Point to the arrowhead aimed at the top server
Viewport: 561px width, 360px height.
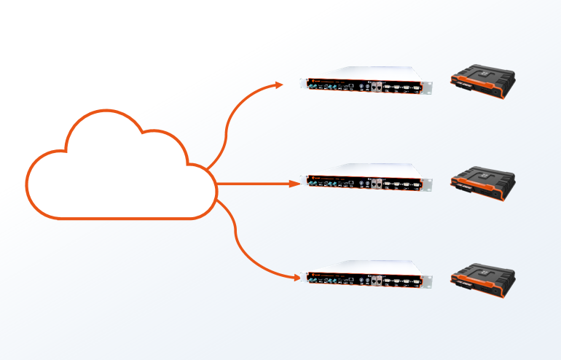click(x=279, y=85)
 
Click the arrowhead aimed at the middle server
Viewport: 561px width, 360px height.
click(x=294, y=184)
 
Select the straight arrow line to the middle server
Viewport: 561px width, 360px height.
click(x=255, y=184)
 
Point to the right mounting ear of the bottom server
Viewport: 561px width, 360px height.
click(x=428, y=280)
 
